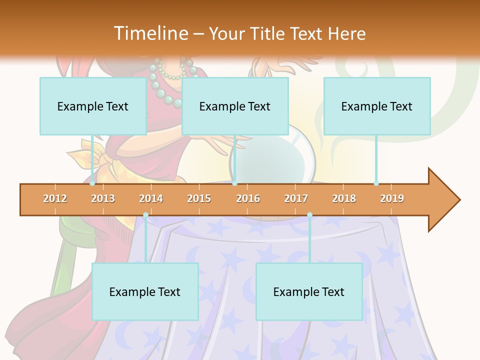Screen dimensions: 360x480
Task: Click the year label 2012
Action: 55,199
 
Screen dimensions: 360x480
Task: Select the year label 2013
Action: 103,199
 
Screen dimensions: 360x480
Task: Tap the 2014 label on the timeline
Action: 151,199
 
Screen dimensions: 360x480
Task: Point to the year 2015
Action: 199,199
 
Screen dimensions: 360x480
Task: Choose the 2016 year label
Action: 248,199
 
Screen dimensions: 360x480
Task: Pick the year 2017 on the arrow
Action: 296,199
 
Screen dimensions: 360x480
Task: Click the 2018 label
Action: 344,199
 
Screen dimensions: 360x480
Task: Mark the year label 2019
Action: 392,199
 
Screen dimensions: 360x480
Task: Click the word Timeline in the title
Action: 150,33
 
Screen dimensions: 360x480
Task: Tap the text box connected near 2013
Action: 93,106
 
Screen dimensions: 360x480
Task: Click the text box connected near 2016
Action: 235,106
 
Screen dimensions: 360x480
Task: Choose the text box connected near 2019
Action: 377,106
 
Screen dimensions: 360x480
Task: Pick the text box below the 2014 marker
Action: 145,291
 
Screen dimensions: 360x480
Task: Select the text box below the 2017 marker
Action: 309,291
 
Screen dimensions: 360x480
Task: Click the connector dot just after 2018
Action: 376,183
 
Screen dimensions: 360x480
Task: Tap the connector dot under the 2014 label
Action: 145,215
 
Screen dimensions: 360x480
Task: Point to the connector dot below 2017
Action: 309,215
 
